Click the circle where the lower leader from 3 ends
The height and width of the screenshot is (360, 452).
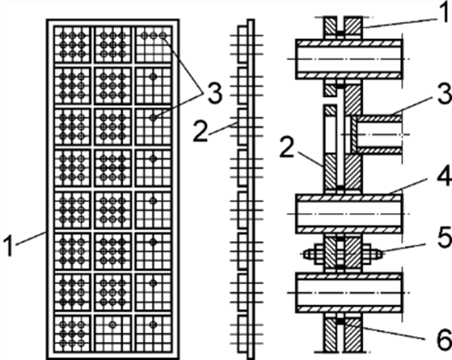coord(153,117)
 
